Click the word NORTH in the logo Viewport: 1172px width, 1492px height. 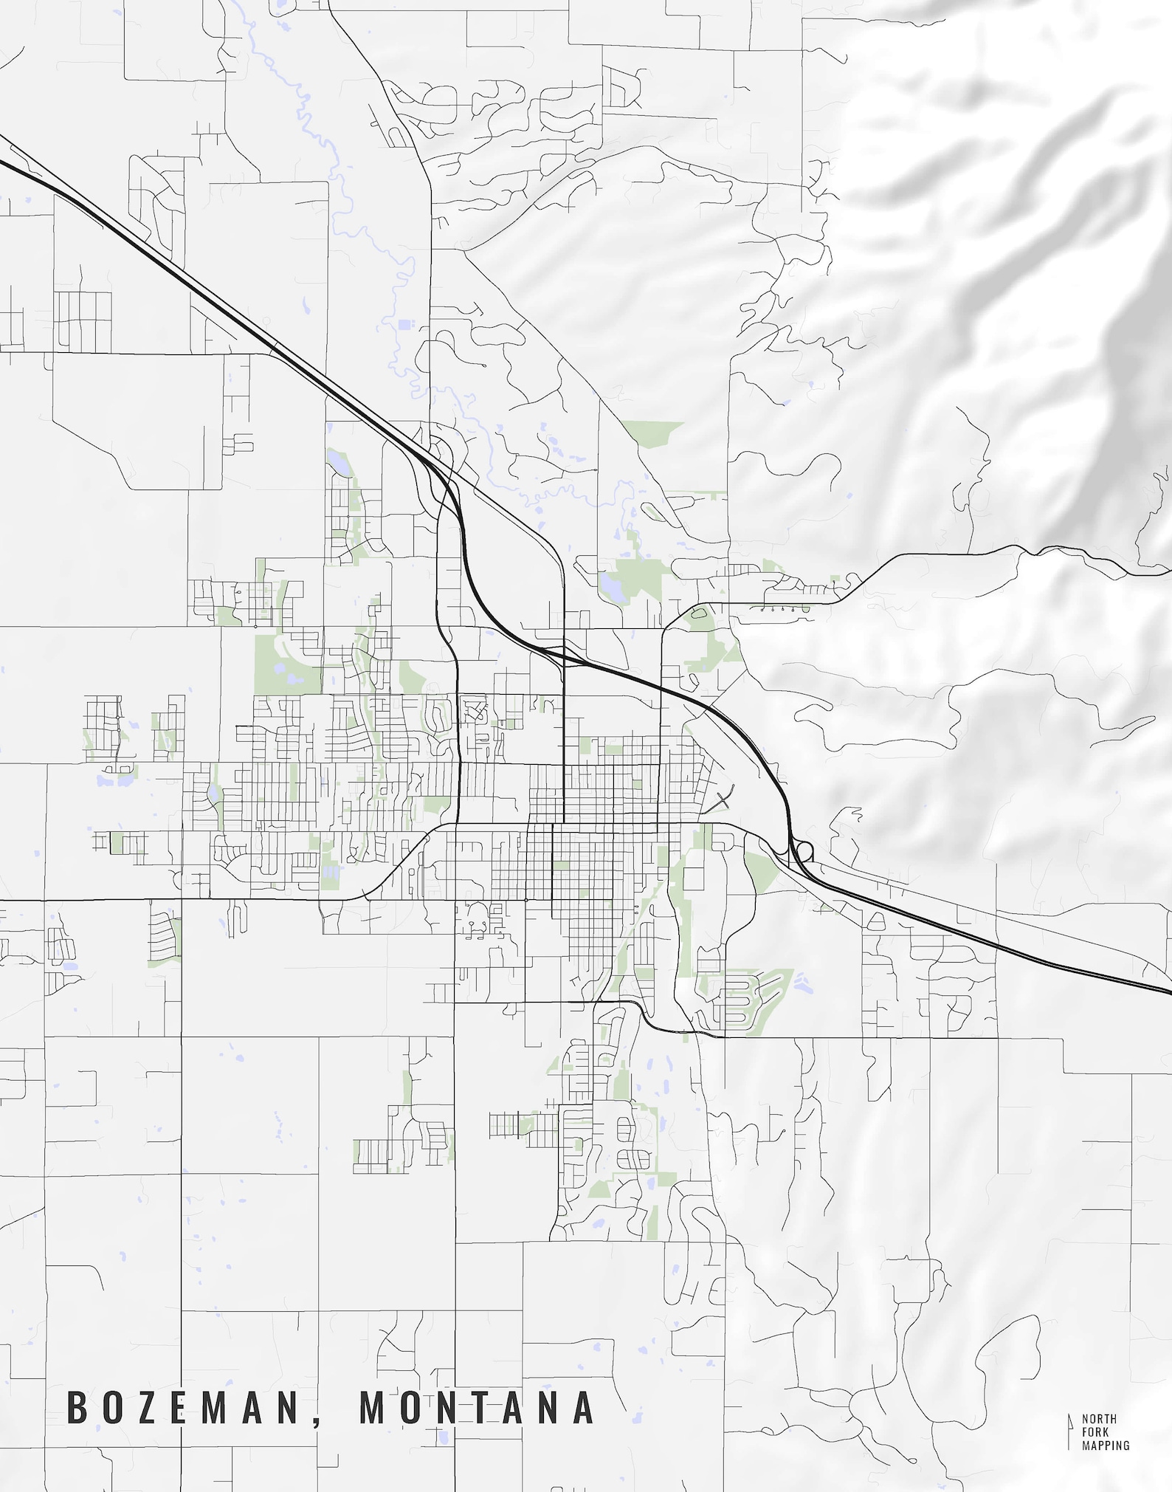click(1099, 1418)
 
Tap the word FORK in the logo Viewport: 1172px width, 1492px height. click(1095, 1431)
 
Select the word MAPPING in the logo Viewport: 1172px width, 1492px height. click(1106, 1445)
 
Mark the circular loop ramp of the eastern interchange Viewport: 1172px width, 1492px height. click(804, 852)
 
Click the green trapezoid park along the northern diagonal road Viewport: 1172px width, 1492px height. click(653, 432)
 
